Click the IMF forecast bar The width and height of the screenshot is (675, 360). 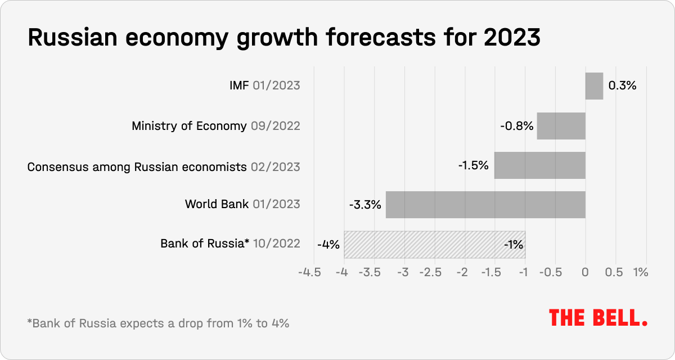(x=594, y=86)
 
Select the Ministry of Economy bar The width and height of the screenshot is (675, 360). (x=561, y=126)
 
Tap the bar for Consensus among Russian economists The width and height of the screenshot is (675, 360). (x=539, y=165)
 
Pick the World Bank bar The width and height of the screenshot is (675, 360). (x=485, y=205)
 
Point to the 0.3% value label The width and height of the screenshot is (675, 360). (x=622, y=86)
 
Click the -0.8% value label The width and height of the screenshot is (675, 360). (x=516, y=126)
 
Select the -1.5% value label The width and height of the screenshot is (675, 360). (x=473, y=166)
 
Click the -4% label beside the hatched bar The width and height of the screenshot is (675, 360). (x=328, y=245)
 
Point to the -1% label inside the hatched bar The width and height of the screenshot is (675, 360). (x=513, y=245)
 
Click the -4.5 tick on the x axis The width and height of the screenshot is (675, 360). (x=313, y=272)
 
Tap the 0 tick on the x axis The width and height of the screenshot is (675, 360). (x=586, y=272)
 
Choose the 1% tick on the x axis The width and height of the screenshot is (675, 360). (x=641, y=272)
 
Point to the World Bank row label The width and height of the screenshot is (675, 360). (x=217, y=204)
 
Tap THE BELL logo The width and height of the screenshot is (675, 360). (x=598, y=318)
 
